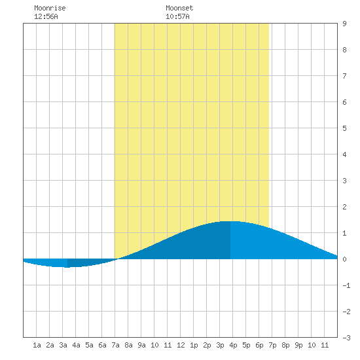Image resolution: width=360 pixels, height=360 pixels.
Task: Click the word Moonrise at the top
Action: (50, 8)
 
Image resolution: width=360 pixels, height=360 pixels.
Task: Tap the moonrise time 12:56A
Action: (46, 16)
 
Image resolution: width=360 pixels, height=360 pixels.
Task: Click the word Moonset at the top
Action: (179, 8)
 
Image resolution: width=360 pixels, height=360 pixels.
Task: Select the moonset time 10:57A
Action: (177, 16)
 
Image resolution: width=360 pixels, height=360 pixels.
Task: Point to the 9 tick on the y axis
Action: (344, 24)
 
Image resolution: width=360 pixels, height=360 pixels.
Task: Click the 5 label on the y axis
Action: (344, 128)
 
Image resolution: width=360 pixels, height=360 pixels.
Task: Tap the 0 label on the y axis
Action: (344, 259)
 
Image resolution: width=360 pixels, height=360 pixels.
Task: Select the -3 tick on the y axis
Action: (346, 338)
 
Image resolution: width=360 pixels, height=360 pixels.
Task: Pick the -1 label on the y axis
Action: (346, 285)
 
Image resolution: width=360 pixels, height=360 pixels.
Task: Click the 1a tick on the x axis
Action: (37, 345)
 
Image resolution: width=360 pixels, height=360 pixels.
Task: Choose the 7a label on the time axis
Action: (115, 345)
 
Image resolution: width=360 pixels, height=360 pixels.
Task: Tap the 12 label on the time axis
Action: (181, 345)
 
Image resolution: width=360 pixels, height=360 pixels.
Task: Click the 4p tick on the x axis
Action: (233, 345)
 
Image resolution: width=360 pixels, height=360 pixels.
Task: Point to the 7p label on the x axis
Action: (272, 345)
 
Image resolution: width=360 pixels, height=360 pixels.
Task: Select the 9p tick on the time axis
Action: (298, 345)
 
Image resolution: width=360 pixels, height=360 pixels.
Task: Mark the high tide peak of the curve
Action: (230, 221)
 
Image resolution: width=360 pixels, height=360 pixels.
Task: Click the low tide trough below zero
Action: (67, 267)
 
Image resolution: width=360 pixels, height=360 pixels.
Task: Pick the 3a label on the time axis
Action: (63, 345)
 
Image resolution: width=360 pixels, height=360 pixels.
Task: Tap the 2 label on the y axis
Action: (344, 207)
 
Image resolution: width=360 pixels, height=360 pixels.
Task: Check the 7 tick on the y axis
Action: (344, 76)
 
